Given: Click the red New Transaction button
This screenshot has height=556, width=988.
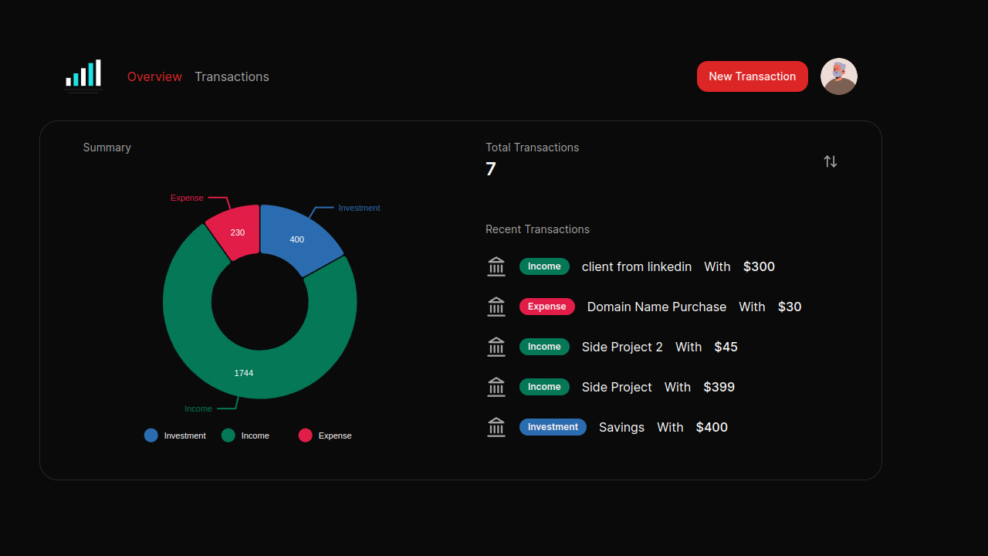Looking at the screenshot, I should tap(752, 76).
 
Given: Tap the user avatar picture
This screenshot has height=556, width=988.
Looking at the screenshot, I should tap(838, 76).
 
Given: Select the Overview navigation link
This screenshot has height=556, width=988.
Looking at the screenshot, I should tap(154, 76).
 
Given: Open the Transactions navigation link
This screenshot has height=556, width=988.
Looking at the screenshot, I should tap(232, 76).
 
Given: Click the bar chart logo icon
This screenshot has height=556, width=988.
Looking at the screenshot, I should tap(83, 75).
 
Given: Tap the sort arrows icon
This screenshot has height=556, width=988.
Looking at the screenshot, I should tap(830, 161).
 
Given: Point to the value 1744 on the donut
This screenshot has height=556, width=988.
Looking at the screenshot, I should tap(244, 373).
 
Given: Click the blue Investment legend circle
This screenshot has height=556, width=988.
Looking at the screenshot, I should tap(151, 436).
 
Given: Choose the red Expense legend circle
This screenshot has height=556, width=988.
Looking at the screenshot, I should tap(306, 436).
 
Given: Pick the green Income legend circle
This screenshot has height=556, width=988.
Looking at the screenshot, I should tap(228, 436).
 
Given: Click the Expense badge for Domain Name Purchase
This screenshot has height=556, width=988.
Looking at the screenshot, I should tap(546, 307).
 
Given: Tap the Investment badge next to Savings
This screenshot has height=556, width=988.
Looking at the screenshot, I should tap(553, 427).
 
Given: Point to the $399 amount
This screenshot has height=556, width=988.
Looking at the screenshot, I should tap(719, 387).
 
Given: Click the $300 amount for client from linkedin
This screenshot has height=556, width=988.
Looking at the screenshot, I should tap(759, 266).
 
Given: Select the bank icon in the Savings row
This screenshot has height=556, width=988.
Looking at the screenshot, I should tap(496, 427).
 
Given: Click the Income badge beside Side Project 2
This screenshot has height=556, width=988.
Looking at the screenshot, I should tap(544, 347).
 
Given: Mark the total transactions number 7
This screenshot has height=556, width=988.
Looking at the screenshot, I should tap(491, 169).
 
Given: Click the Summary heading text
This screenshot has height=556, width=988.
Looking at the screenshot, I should tap(107, 147).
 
